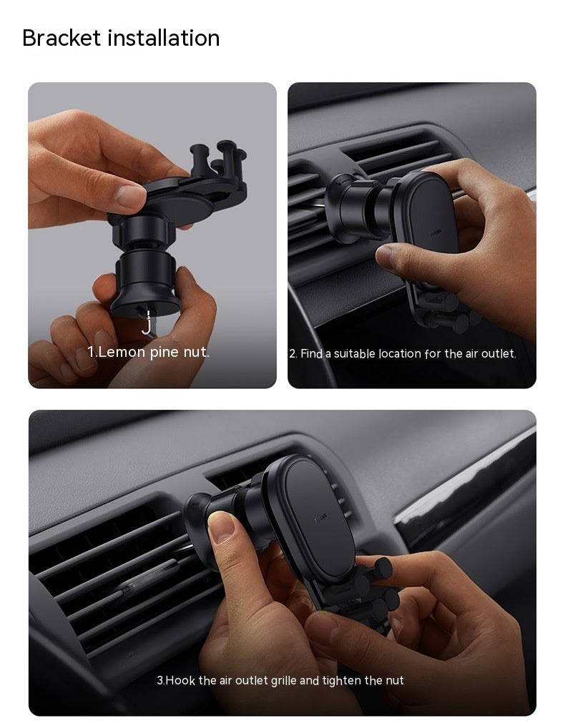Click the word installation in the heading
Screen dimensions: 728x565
click(x=164, y=38)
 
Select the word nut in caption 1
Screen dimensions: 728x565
click(x=195, y=352)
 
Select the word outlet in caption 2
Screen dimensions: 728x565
click(x=498, y=353)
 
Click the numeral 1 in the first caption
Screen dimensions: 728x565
click(x=91, y=352)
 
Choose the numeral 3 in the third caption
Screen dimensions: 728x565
click(x=159, y=680)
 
